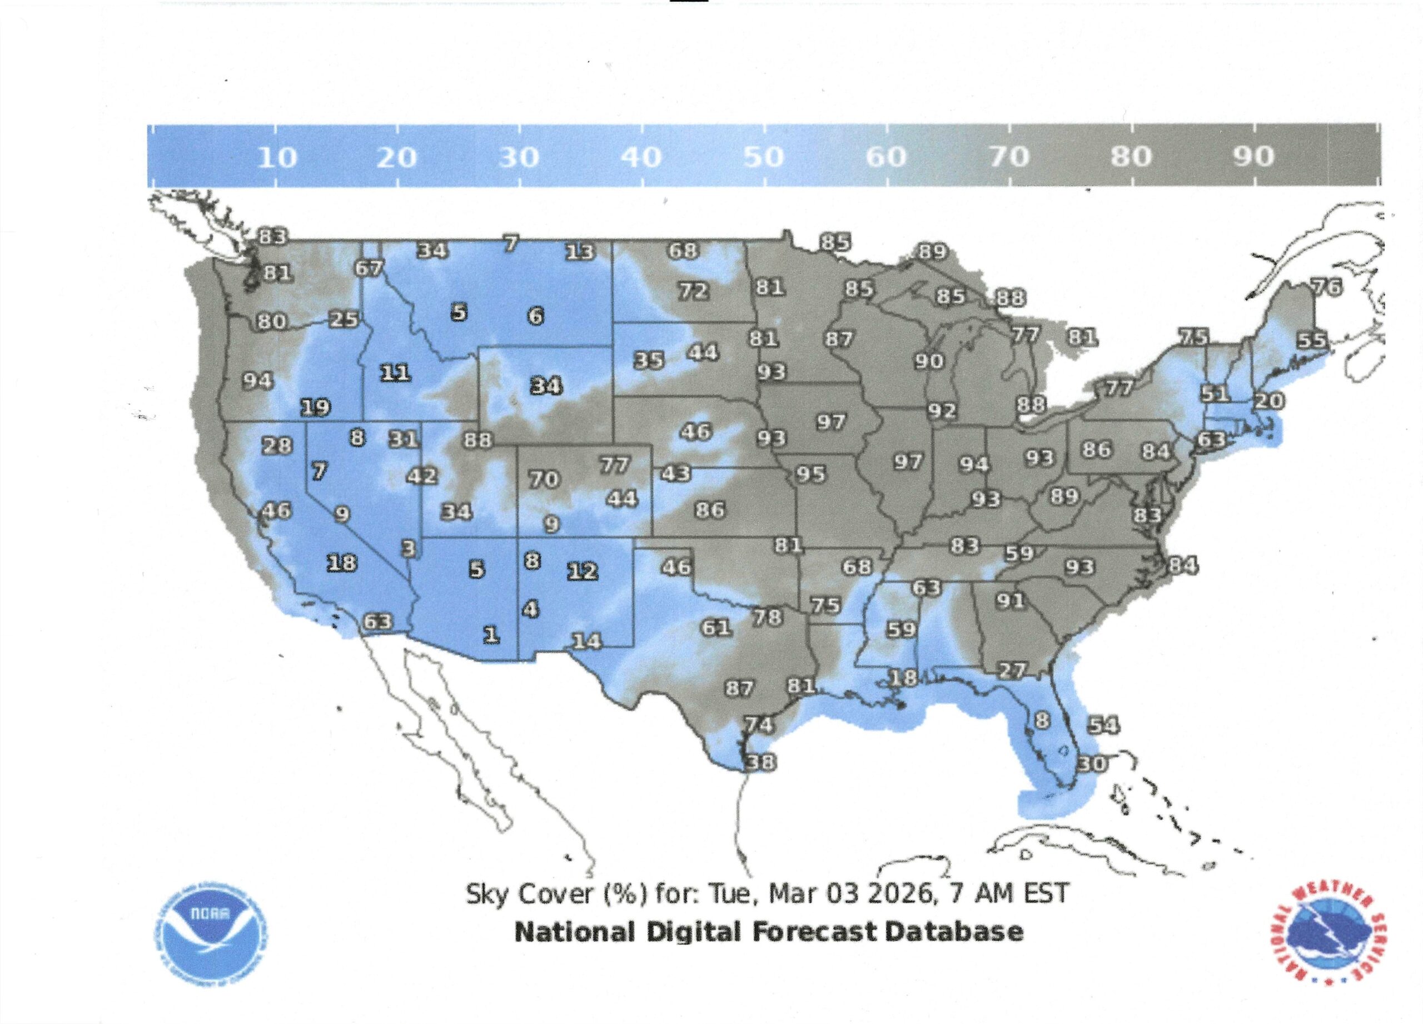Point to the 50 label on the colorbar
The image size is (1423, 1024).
tap(764, 157)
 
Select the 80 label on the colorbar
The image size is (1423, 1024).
tap(1131, 157)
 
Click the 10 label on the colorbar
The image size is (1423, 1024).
tap(277, 157)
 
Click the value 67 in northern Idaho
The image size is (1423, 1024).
tap(369, 269)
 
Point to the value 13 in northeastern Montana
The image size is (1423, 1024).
tap(580, 252)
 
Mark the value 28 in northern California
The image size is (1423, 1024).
tap(277, 445)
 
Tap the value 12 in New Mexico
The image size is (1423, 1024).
tap(583, 571)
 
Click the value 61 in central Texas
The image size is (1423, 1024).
tap(716, 628)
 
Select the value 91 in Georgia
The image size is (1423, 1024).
tap(1011, 601)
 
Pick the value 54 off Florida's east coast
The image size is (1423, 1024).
tap(1103, 726)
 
